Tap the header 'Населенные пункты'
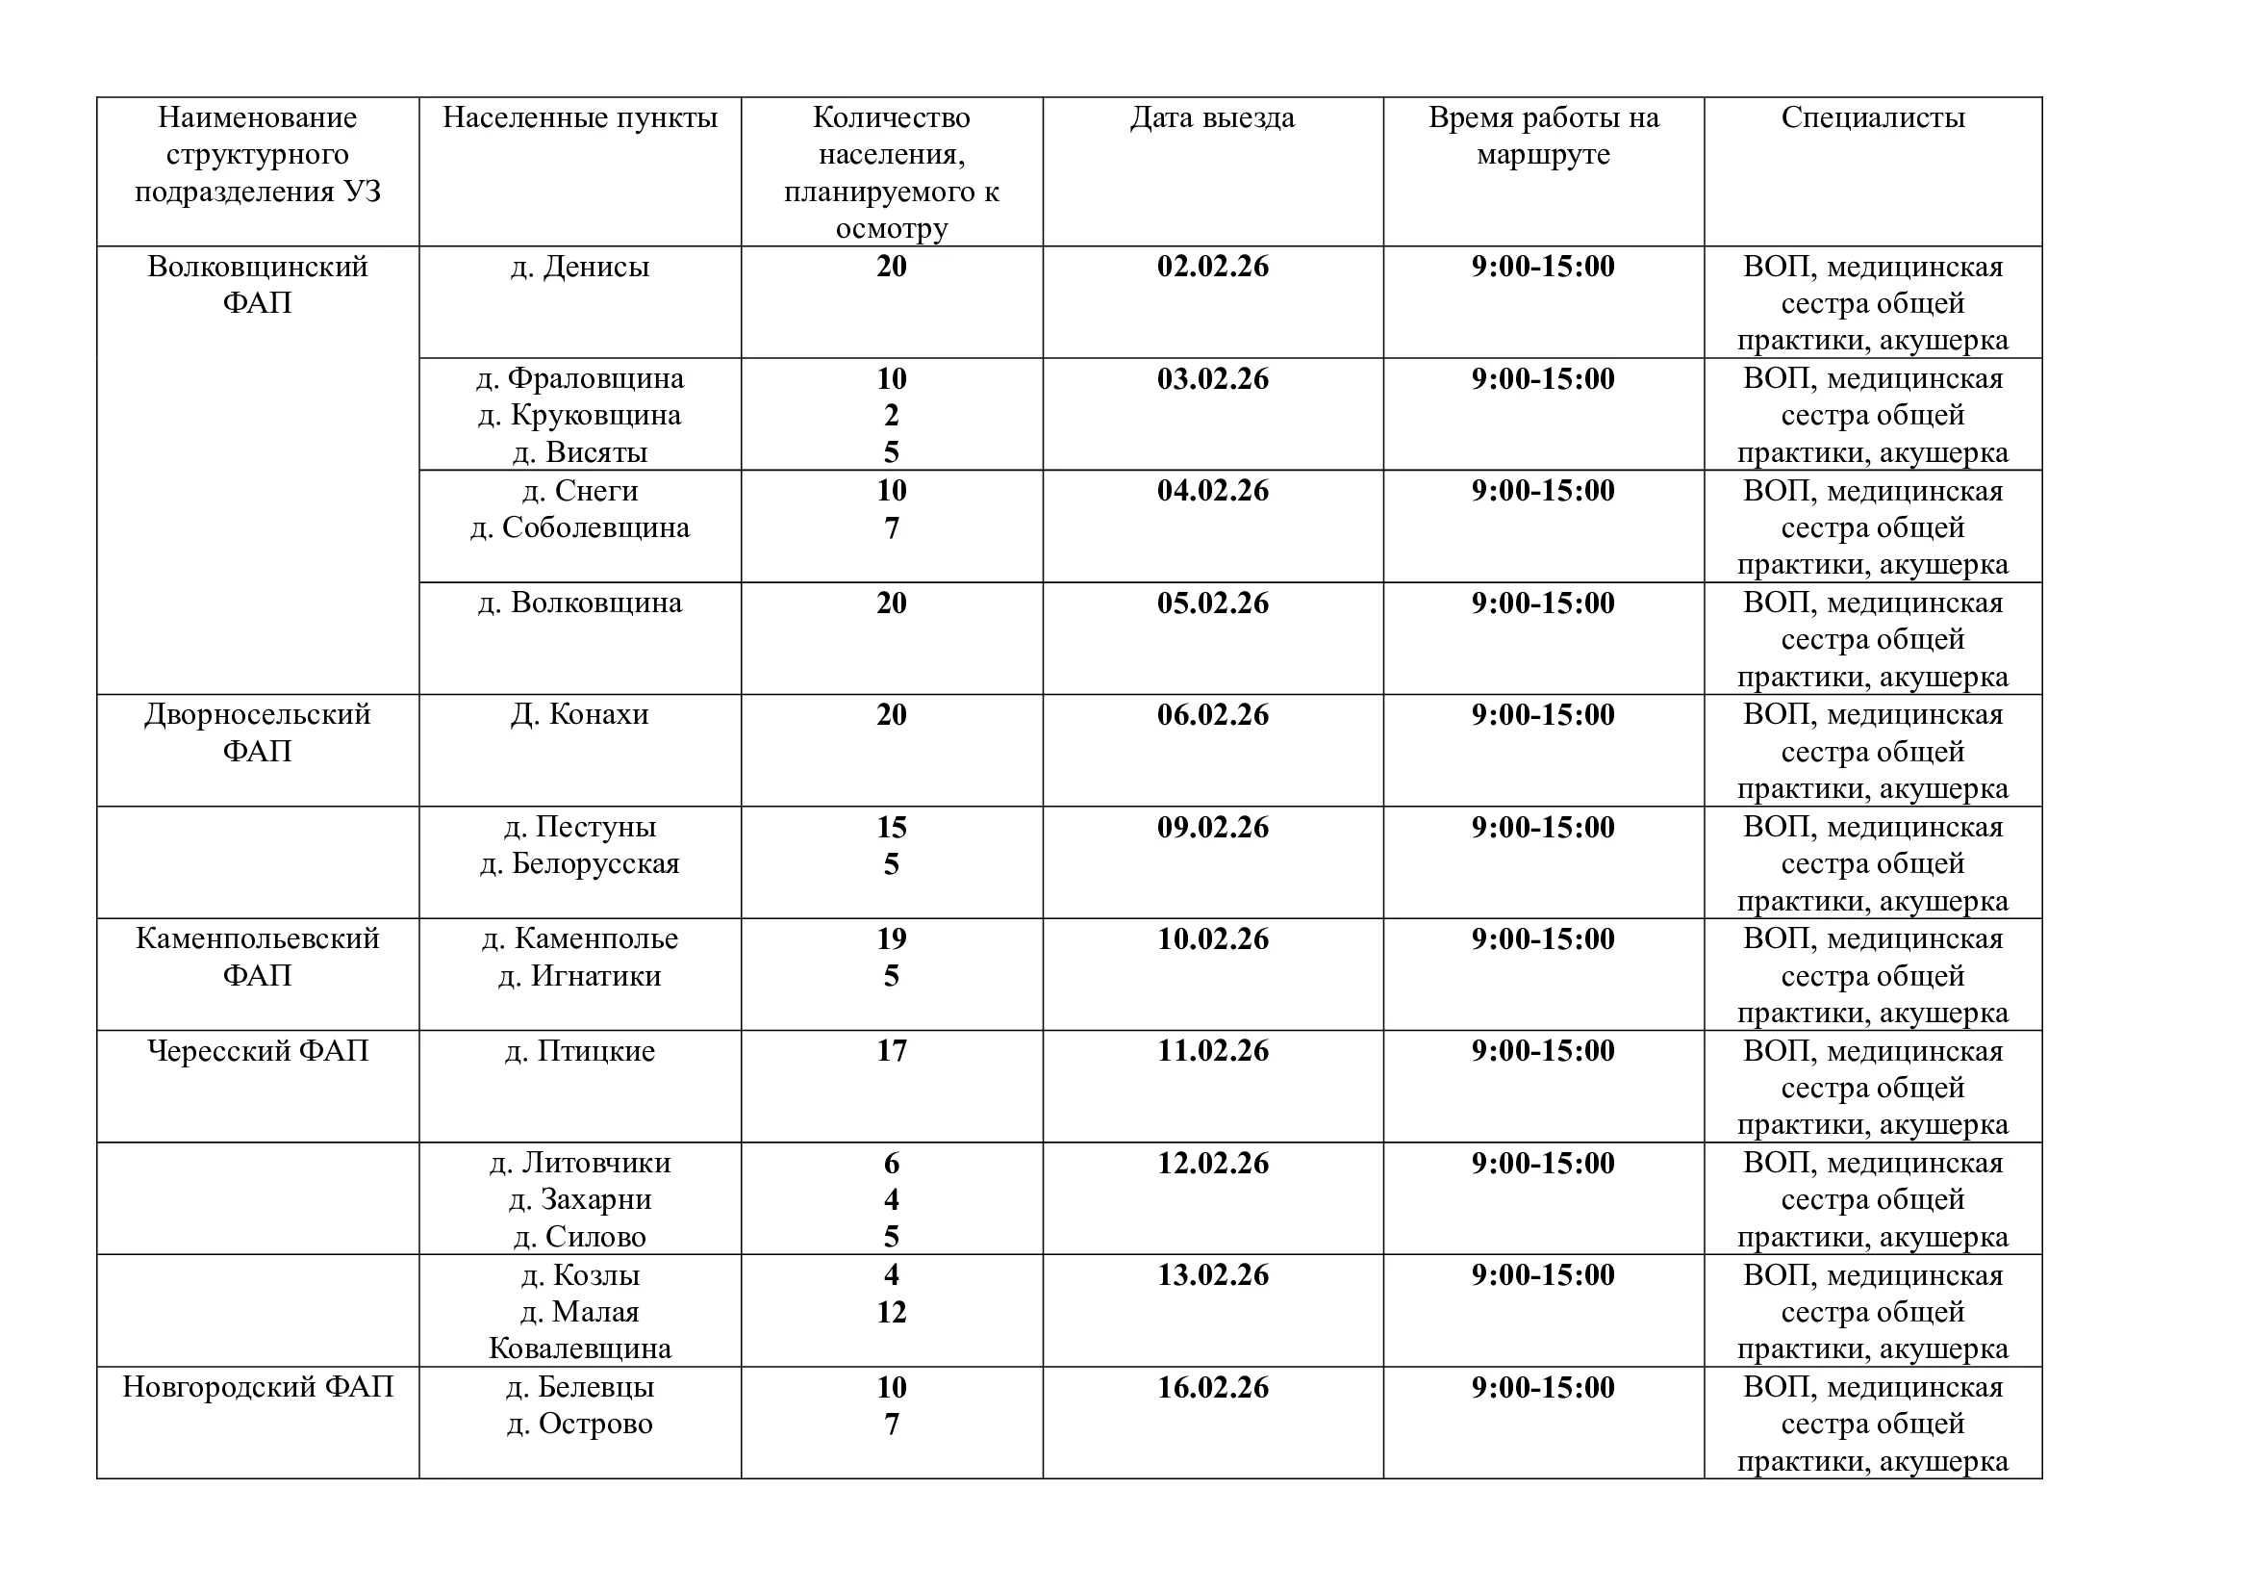(579, 118)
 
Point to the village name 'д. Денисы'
(579, 267)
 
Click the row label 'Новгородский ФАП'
(258, 1387)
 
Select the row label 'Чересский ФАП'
(258, 1051)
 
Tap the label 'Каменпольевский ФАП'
(258, 957)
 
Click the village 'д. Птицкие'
(579, 1051)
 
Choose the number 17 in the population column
(891, 1051)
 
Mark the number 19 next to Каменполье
(891, 939)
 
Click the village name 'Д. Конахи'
(579, 714)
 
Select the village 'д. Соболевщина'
(579, 528)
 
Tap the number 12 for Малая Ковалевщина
(891, 1312)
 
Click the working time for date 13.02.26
(1542, 1275)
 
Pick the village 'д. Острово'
(579, 1425)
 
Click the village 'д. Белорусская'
(579, 864)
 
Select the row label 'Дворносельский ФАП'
(258, 732)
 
